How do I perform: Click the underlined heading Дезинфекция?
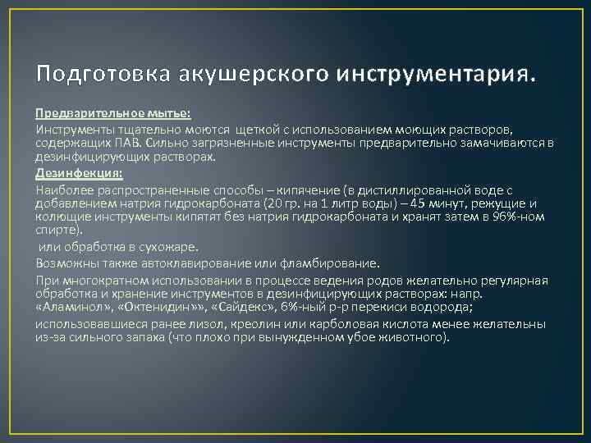79,174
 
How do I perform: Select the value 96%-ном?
523,217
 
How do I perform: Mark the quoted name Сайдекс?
243,308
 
